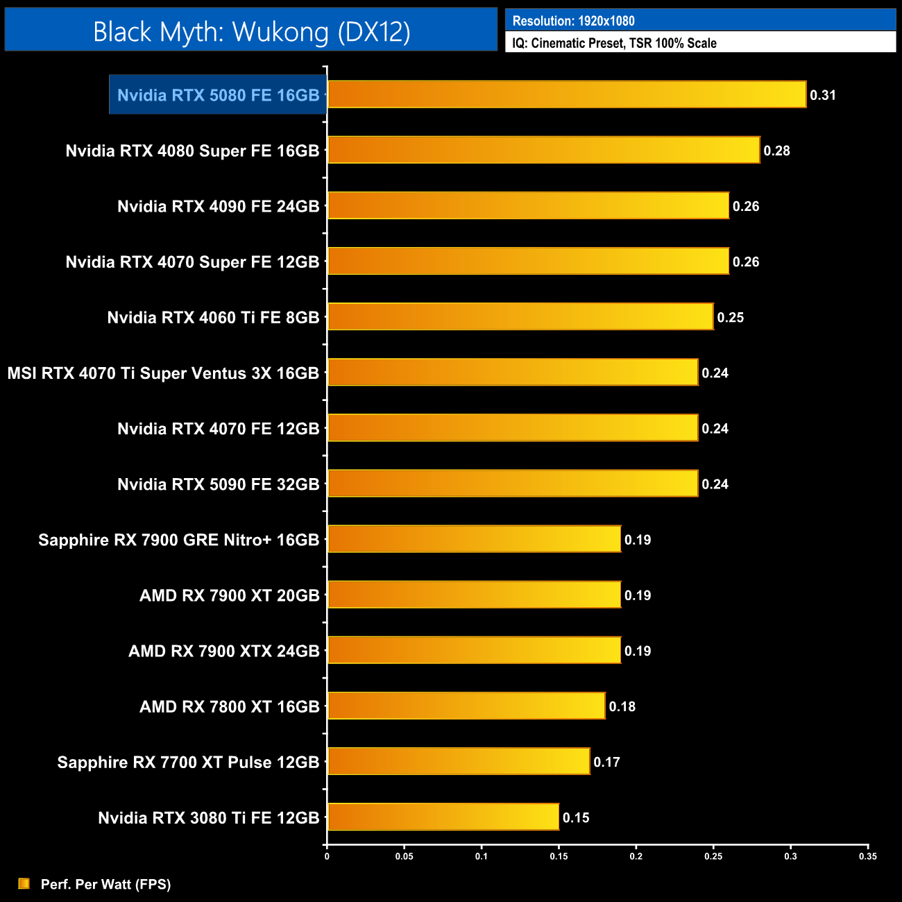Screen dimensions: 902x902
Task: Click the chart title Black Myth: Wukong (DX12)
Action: pyautogui.click(x=251, y=32)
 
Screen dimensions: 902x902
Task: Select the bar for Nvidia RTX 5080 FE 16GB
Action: pyautogui.click(x=566, y=94)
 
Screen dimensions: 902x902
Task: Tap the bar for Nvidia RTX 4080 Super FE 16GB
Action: pyautogui.click(x=543, y=150)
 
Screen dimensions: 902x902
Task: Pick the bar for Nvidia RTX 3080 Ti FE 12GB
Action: pyautogui.click(x=443, y=817)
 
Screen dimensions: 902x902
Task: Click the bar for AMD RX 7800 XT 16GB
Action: pyautogui.click(x=466, y=706)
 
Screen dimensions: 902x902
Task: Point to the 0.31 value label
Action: pyautogui.click(x=823, y=95)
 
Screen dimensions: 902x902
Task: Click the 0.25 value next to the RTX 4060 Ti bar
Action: pyautogui.click(x=730, y=317)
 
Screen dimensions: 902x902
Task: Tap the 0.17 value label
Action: pyautogui.click(x=606, y=762)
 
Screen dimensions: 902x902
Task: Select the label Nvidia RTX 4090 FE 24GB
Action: pyautogui.click(x=218, y=206)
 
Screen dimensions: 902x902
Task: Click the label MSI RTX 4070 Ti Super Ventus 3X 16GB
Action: pyautogui.click(x=163, y=373)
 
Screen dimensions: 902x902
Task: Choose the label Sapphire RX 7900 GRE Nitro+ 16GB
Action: pyautogui.click(x=178, y=540)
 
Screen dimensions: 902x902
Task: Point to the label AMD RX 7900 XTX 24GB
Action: pyautogui.click(x=223, y=651)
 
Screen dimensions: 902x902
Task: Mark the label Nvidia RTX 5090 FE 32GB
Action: pyautogui.click(x=218, y=484)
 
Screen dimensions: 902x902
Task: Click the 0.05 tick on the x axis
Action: pyautogui.click(x=404, y=856)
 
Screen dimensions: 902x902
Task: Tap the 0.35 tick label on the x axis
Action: pyautogui.click(x=867, y=856)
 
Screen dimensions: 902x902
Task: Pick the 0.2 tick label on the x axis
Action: pyautogui.click(x=636, y=856)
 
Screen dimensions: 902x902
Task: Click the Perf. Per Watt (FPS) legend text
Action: pyautogui.click(x=105, y=884)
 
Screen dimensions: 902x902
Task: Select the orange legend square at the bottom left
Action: pyautogui.click(x=24, y=883)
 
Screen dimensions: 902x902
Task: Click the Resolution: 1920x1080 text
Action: pyautogui.click(x=573, y=21)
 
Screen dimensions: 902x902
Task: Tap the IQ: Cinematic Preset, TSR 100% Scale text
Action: pyautogui.click(x=614, y=43)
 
